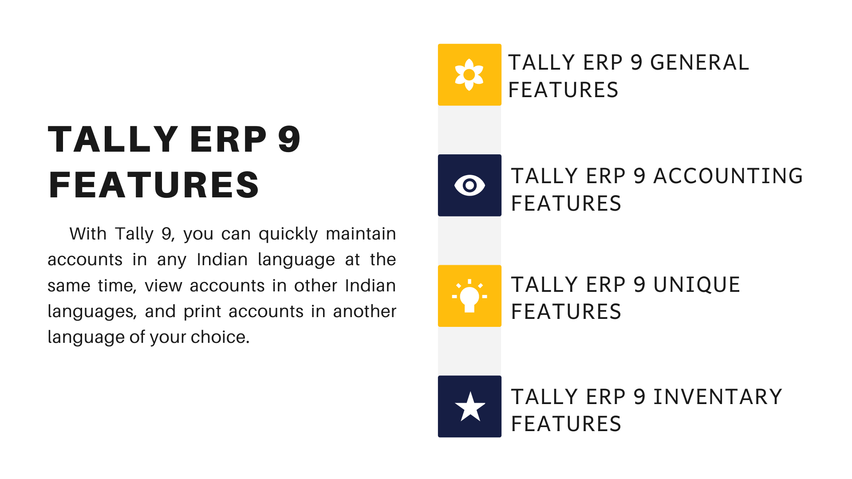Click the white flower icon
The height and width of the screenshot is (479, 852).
pos(469,75)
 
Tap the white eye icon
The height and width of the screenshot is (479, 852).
pos(469,185)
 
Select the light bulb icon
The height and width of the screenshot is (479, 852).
pos(469,296)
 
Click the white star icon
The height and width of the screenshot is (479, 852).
pos(470,406)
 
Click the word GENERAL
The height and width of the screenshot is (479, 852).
pos(699,63)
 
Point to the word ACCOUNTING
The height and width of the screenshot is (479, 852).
pos(728,176)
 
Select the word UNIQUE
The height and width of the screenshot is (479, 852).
pos(697,285)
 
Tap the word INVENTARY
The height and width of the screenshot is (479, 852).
pos(718,397)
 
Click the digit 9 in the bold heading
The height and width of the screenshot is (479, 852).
pos(289,139)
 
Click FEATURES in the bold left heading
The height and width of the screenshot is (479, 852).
pos(154,185)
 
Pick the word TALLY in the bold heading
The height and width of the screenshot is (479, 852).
pos(113,139)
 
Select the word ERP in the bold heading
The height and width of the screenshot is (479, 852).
pos(229,139)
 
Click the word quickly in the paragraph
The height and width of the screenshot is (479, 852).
pos(288,234)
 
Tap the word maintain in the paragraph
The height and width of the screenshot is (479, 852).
pos(361,234)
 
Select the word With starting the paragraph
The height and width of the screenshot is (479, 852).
pos(88,234)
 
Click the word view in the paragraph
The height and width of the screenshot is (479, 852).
pos(163,286)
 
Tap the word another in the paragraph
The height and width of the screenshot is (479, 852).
pos(364,311)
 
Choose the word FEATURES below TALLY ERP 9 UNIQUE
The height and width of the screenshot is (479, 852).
pos(566,312)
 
